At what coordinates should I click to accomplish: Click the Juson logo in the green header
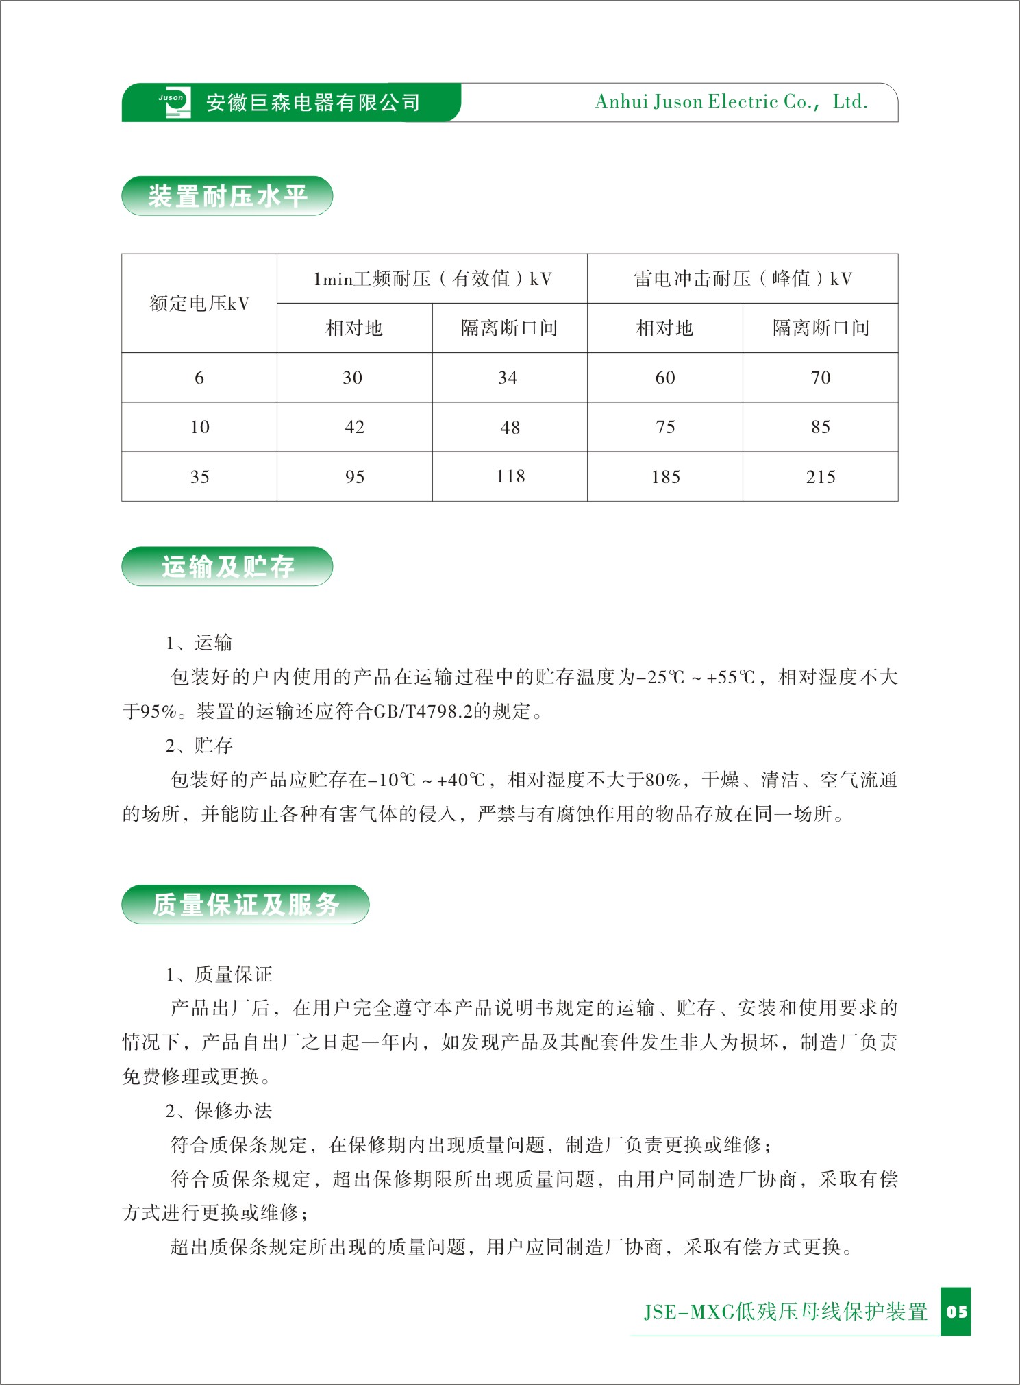[x=174, y=103]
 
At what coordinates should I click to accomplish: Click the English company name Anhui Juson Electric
[x=731, y=102]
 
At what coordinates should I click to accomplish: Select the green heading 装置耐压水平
[x=227, y=197]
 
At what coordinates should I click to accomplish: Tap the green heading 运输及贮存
[x=227, y=567]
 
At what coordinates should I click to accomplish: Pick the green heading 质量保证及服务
[x=245, y=905]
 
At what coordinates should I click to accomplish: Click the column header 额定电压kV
[x=199, y=304]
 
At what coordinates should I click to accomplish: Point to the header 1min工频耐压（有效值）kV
[x=432, y=279]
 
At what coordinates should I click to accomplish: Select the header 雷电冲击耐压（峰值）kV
[x=743, y=279]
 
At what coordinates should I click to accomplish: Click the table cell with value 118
[x=510, y=476]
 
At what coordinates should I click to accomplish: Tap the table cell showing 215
[x=821, y=477]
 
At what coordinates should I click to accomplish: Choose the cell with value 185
[x=665, y=477]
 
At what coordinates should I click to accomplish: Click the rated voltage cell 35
[x=199, y=477]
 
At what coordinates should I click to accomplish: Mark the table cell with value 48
[x=510, y=428]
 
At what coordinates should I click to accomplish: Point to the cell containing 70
[x=821, y=378]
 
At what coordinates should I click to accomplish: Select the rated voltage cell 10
[x=199, y=428]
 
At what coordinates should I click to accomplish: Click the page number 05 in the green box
[x=956, y=1312]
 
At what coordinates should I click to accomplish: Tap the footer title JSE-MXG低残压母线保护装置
[x=785, y=1312]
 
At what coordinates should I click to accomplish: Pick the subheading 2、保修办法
[x=219, y=1110]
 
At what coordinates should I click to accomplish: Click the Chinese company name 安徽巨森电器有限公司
[x=313, y=103]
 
